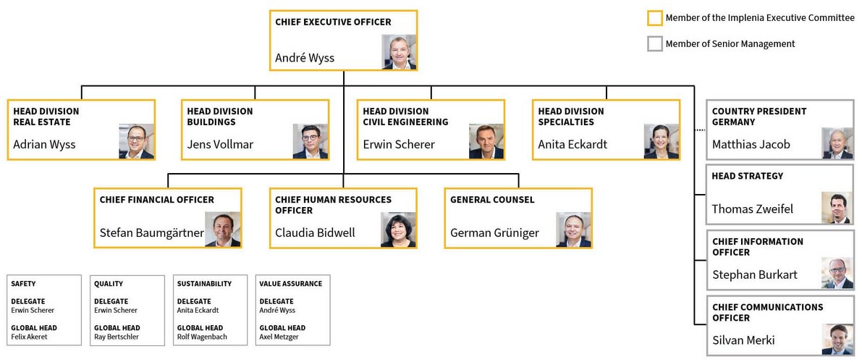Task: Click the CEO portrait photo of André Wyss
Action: [x=399, y=51]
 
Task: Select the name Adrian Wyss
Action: [x=44, y=144]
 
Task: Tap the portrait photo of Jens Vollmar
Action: [x=310, y=141]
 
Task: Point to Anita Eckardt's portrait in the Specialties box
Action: [x=662, y=141]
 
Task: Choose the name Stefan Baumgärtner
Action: [x=151, y=232]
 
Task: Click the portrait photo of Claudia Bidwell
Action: [x=398, y=230]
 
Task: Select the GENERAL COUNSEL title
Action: [x=492, y=200]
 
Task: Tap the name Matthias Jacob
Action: [x=751, y=144]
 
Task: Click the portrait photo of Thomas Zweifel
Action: [x=837, y=208]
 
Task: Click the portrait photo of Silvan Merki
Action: [x=837, y=339]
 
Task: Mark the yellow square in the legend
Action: [x=654, y=18]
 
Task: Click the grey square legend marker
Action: [x=654, y=44]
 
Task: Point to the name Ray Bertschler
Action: [x=117, y=337]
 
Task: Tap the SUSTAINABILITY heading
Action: [x=204, y=284]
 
